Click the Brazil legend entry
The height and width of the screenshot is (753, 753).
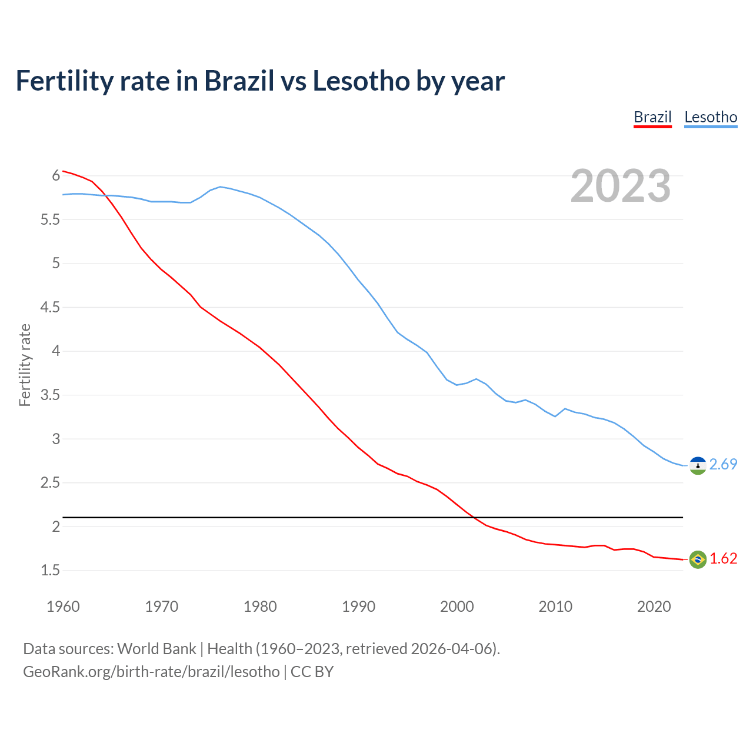coord(652,117)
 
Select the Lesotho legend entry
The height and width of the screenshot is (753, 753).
coord(711,117)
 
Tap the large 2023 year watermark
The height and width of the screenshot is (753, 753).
coord(621,186)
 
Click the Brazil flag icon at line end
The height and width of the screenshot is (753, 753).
coord(698,559)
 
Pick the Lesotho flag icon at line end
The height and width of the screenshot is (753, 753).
coord(698,465)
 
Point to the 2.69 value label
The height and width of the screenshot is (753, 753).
coord(723,465)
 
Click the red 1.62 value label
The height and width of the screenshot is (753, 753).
coord(723,559)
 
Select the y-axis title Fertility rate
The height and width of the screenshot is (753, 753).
coord(25,365)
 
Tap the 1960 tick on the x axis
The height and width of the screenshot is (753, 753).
coord(63,607)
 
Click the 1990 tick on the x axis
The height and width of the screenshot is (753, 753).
coord(358,607)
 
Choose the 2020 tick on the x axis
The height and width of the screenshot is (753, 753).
coord(654,607)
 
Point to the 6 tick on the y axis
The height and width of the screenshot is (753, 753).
coord(56,176)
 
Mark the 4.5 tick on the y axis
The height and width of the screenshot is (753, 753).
coord(50,308)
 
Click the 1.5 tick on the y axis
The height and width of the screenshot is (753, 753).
coord(50,571)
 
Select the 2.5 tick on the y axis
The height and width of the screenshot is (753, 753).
coord(50,483)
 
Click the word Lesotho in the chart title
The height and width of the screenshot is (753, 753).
coord(361,81)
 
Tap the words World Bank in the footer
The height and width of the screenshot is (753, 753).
coord(156,649)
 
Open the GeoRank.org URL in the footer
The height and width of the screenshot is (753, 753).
coord(151,672)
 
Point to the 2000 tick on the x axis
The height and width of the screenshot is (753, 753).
coord(457,607)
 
